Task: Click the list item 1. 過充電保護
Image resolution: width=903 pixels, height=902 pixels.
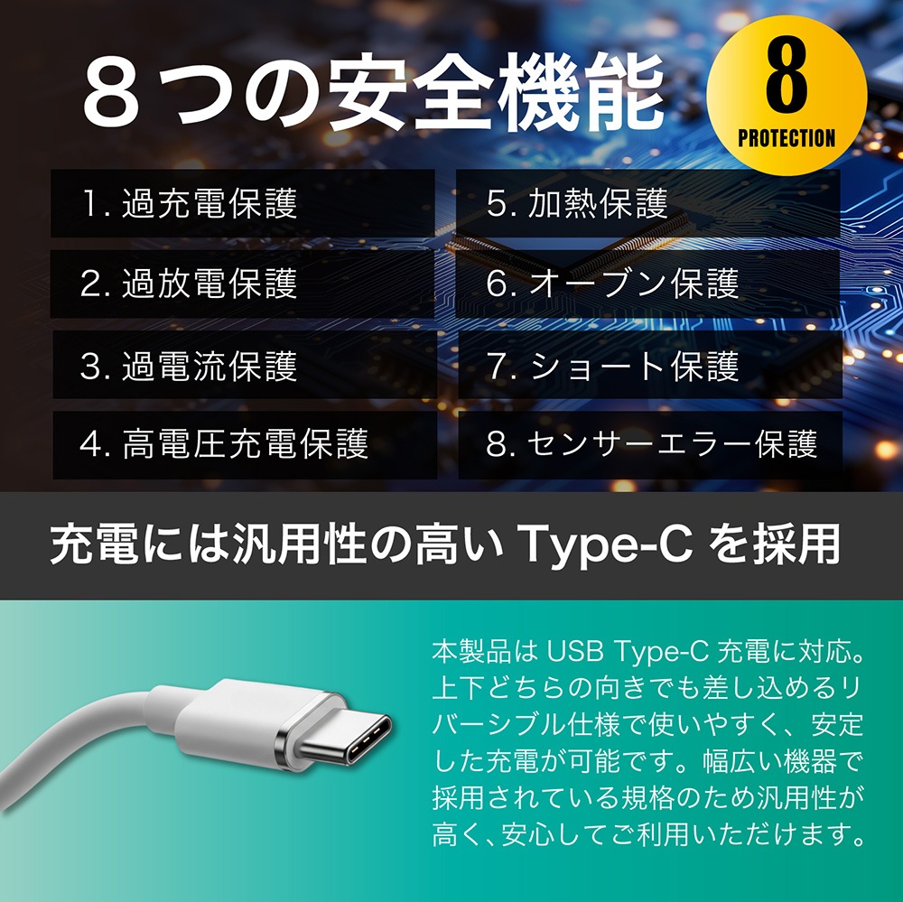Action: coord(189,203)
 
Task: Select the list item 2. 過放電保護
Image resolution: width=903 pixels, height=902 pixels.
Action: coord(189,284)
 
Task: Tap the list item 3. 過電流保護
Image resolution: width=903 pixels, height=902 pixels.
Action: coord(189,366)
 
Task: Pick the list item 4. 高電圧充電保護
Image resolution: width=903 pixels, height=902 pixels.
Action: coord(224,443)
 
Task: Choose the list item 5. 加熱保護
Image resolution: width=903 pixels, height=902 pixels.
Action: coord(577,203)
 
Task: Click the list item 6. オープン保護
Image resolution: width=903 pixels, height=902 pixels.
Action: coord(613,284)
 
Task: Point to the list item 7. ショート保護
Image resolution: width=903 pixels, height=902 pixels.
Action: coord(613,366)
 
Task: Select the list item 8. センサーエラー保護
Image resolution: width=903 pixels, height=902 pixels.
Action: coord(652,443)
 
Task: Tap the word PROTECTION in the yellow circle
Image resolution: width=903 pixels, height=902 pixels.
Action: coord(787,138)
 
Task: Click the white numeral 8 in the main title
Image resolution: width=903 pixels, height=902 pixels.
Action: coord(110,92)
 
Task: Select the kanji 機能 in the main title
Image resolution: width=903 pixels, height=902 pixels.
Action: coord(582,92)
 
